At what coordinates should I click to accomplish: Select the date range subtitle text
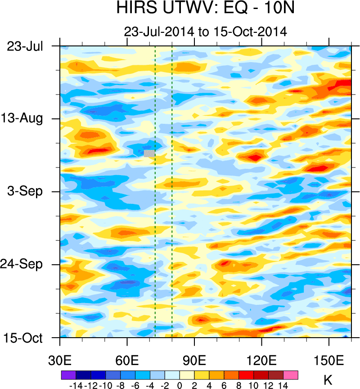pyautogui.click(x=205, y=32)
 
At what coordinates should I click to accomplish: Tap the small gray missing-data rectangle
pyautogui.click(x=149, y=154)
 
